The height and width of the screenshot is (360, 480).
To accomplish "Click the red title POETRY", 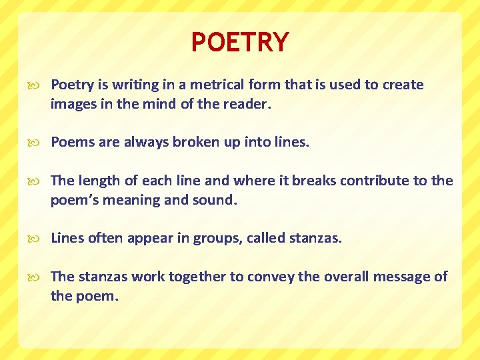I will tap(240, 43).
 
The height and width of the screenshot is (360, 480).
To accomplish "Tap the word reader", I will tap(250, 104).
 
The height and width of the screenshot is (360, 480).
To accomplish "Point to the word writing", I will tap(133, 85).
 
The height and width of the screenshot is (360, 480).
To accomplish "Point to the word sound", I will tap(215, 200).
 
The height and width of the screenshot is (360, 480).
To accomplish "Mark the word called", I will tap(266, 238).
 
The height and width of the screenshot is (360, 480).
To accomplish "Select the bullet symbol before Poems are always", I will tap(37, 143).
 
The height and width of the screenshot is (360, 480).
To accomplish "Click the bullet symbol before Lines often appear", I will tap(37, 239).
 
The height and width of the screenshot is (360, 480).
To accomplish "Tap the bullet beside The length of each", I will tap(37, 181).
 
